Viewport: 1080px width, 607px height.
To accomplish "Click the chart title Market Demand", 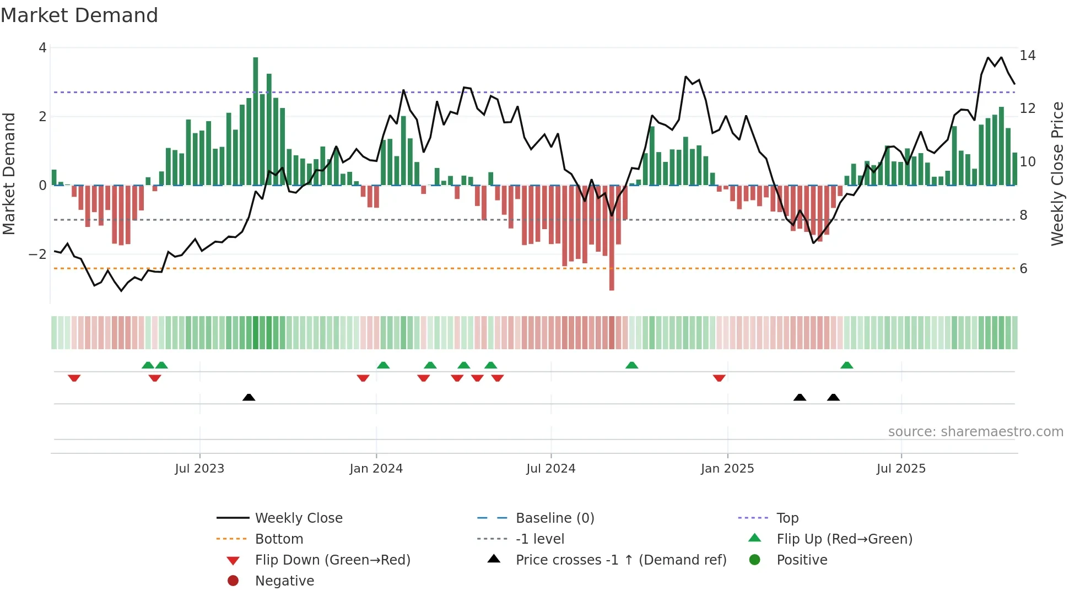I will tap(79, 15).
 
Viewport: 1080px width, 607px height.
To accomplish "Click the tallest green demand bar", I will tap(255, 121).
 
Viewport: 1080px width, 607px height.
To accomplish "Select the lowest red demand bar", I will tap(612, 237).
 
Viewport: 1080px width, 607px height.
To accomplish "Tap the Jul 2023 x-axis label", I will tap(199, 469).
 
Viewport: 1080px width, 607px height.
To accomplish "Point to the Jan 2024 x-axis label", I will tap(376, 469).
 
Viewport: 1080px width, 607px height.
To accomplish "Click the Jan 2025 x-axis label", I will tap(727, 469).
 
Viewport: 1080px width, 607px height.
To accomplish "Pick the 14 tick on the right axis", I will tap(1027, 56).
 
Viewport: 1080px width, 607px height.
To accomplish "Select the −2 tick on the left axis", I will tap(37, 254).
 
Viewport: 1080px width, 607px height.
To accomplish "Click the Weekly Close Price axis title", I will tap(1057, 174).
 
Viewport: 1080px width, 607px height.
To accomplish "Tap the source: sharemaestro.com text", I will tap(975, 432).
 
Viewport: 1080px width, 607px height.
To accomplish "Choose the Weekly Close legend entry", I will tap(298, 518).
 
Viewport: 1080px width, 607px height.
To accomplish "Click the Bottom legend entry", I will tap(279, 539).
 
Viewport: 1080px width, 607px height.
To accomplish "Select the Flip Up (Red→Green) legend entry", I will tap(844, 539).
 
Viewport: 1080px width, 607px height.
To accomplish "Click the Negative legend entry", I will tap(284, 581).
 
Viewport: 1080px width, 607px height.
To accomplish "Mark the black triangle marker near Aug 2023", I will tap(249, 397).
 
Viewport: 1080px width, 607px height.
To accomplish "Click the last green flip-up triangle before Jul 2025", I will tap(847, 365).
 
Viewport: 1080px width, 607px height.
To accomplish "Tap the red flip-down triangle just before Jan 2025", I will tap(719, 378).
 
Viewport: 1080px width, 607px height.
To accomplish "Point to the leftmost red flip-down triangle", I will tap(74, 378).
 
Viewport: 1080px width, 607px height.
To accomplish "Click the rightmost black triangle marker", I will tap(833, 397).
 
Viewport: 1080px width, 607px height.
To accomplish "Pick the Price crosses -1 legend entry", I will tap(620, 560).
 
